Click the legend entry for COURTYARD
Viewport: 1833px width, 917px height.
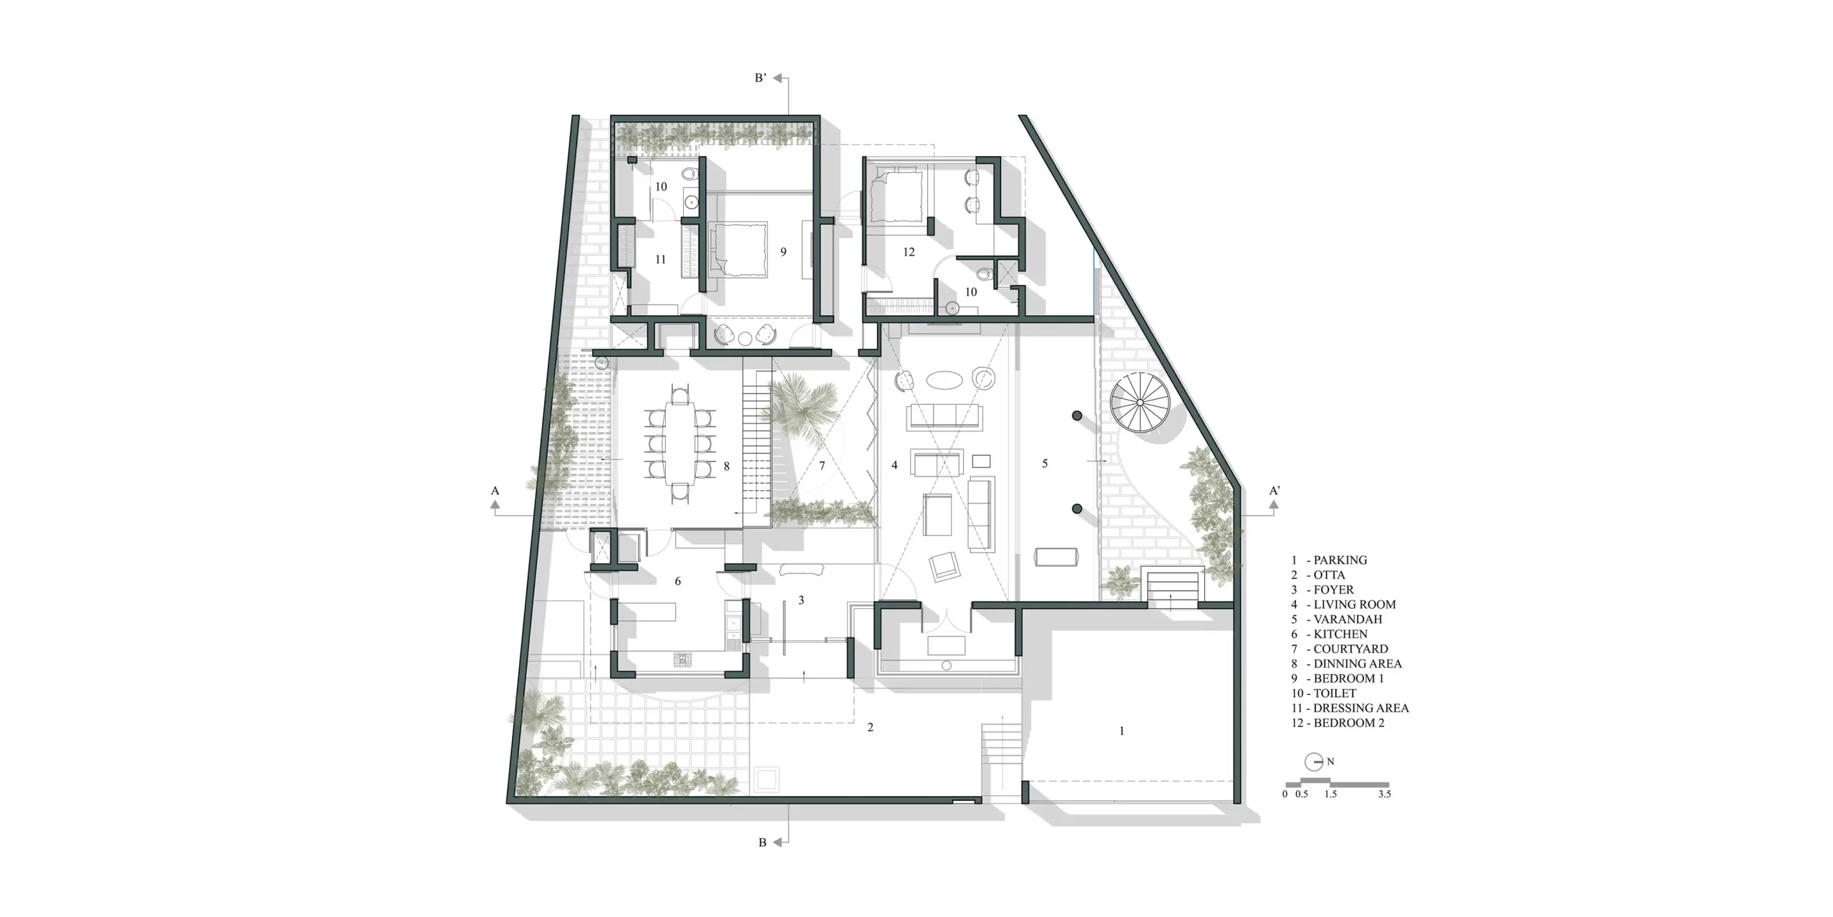coord(1340,649)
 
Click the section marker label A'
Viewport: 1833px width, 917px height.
coord(1275,491)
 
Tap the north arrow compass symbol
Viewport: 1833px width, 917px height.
coord(1314,762)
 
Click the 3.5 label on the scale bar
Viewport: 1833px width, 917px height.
coord(1384,794)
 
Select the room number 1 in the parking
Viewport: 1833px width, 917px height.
coord(1121,731)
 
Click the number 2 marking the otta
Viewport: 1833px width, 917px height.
coord(870,728)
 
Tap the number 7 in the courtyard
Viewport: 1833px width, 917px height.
coord(822,466)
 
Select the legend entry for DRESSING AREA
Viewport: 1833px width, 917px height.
coord(1350,708)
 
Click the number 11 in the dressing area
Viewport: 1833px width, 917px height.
coord(660,259)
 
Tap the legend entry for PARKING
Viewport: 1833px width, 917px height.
coord(1329,560)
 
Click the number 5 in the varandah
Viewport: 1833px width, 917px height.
coord(1045,464)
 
